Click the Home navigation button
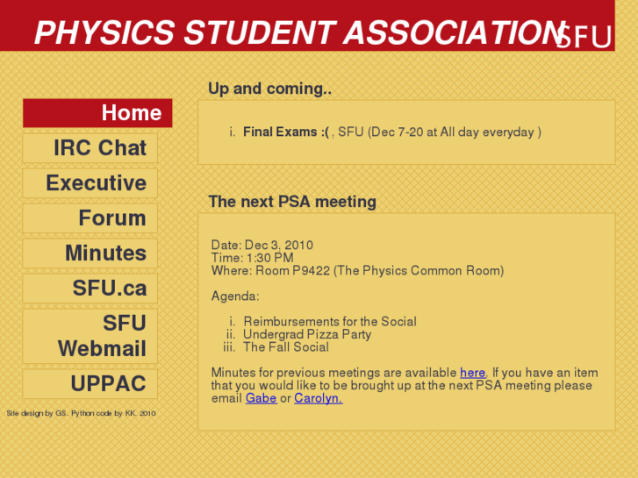(x=97, y=113)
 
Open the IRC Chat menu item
(x=90, y=148)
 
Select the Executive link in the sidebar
(x=90, y=183)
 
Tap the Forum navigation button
(x=90, y=218)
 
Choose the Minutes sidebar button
(x=90, y=253)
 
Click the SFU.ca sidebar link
(x=90, y=289)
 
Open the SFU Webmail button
(x=90, y=336)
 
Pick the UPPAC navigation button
(x=90, y=384)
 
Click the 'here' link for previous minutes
(x=472, y=373)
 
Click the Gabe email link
(x=261, y=398)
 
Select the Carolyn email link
(x=318, y=398)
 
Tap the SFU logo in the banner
(x=583, y=37)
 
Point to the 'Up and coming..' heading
(x=269, y=89)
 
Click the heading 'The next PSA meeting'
(x=292, y=202)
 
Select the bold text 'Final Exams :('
(x=285, y=132)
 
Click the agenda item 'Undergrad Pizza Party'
(x=307, y=334)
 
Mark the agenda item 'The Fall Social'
(x=286, y=347)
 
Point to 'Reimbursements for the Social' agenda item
(x=329, y=322)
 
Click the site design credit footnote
(x=81, y=413)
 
